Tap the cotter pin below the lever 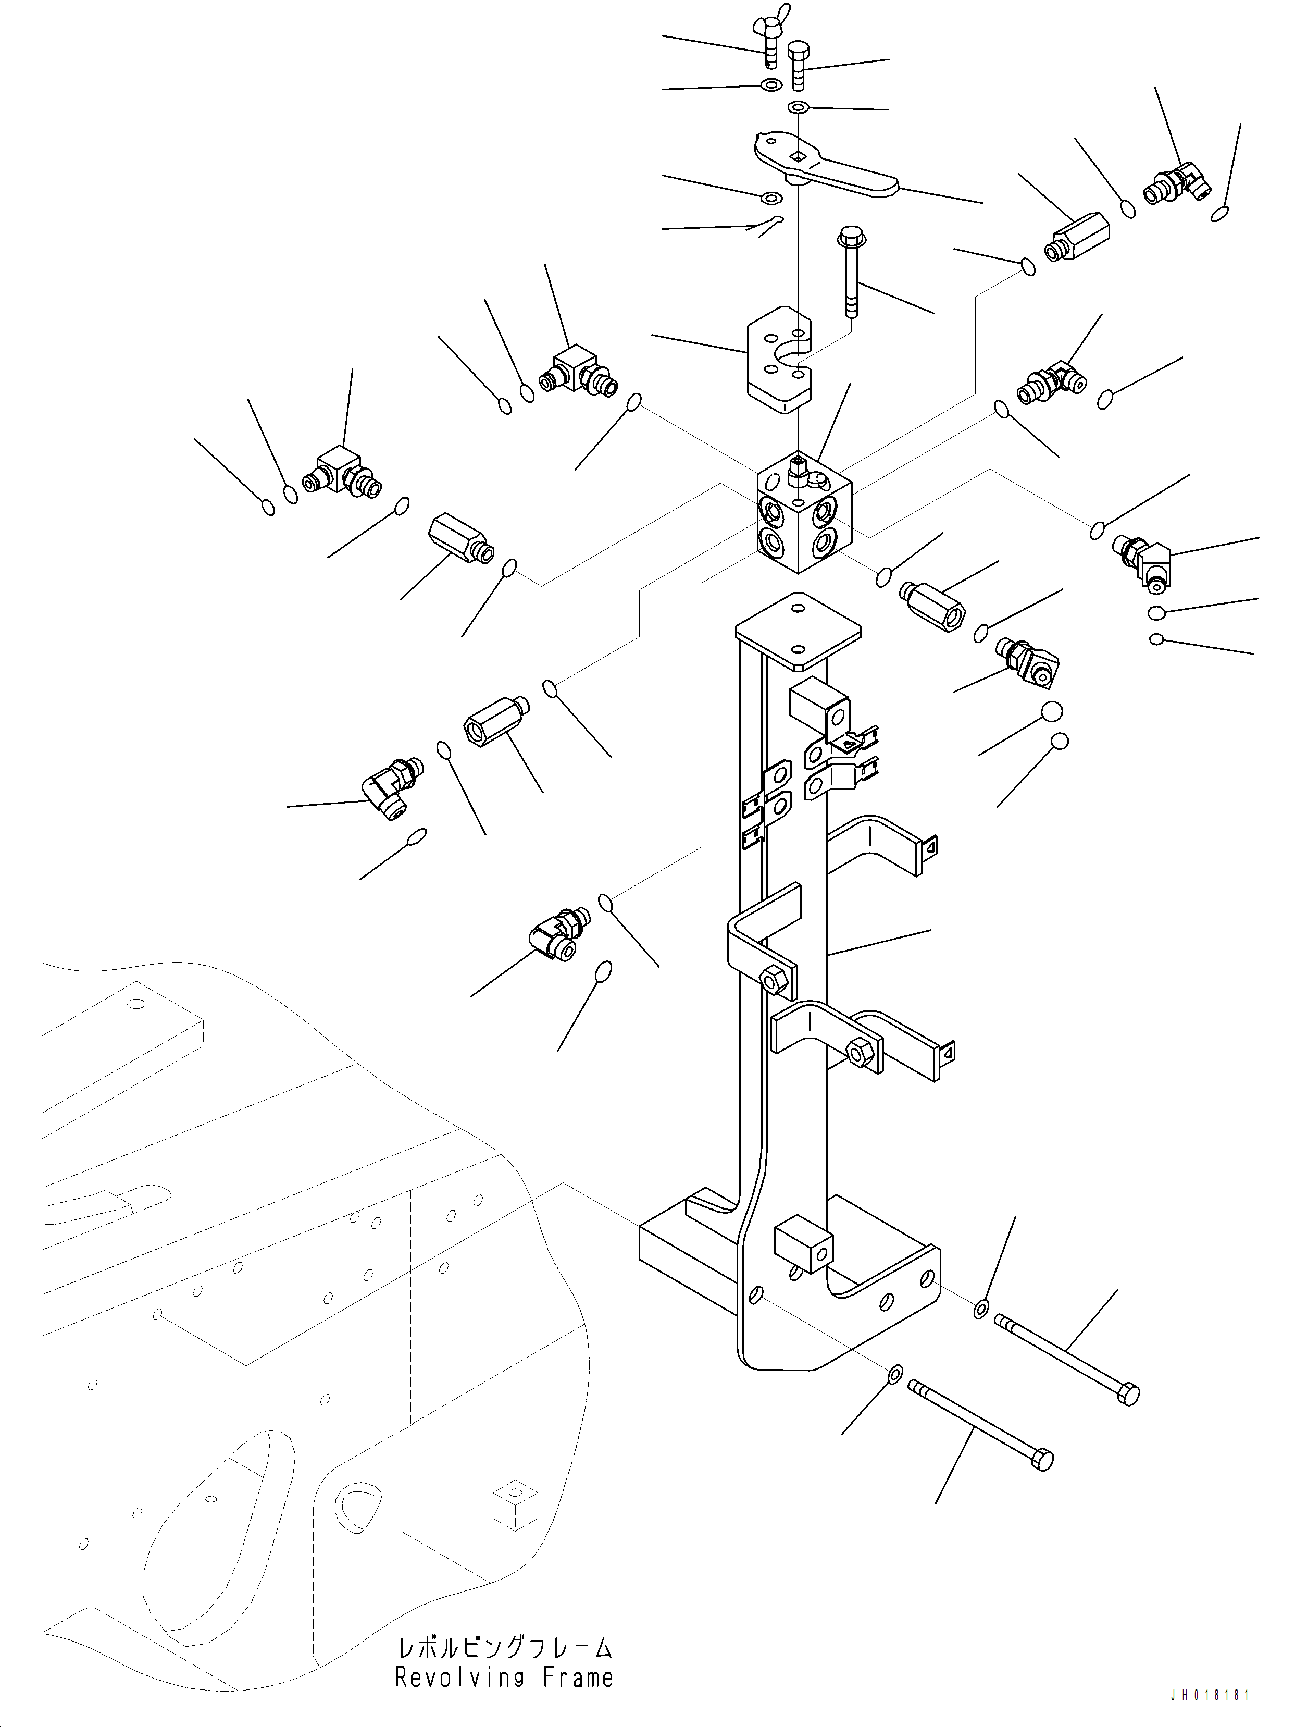(767, 225)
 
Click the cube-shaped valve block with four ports (803, 513)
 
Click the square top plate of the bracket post (798, 631)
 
